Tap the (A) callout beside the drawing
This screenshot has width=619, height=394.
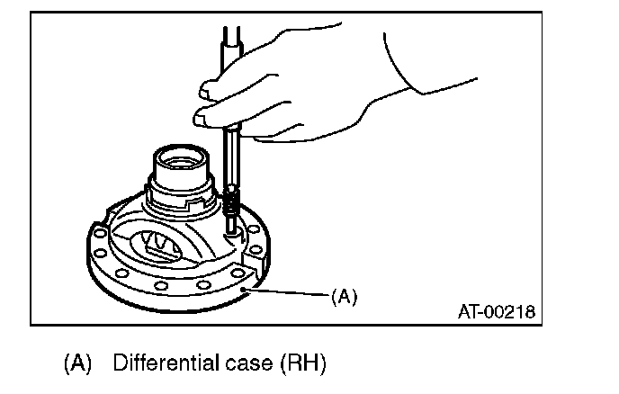pos(345,296)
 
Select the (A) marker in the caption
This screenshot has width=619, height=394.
pos(77,364)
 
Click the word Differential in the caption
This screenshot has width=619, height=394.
pos(160,364)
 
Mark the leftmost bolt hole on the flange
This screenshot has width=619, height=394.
pos(94,238)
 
